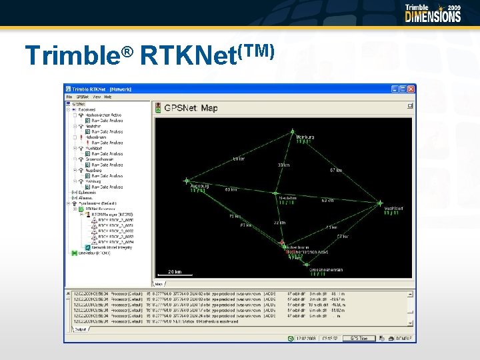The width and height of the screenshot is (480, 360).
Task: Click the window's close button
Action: tap(411, 89)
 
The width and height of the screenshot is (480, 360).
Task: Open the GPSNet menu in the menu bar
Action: tap(83, 97)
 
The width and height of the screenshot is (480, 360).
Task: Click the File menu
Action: tap(69, 97)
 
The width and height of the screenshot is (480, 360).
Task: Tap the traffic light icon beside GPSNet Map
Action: tap(158, 107)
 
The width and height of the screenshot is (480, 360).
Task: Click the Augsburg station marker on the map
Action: tap(187, 180)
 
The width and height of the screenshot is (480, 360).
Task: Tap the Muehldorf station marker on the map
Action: tap(380, 203)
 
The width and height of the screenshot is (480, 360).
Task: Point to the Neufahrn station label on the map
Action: tap(287, 198)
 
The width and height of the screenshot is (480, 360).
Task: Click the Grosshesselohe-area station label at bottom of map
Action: tap(326, 270)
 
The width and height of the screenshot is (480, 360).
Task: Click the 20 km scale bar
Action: tap(175, 273)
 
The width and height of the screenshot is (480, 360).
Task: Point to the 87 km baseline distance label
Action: tap(336, 171)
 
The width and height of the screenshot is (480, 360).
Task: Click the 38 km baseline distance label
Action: tap(283, 165)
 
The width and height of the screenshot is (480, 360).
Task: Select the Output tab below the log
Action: tap(80, 329)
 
